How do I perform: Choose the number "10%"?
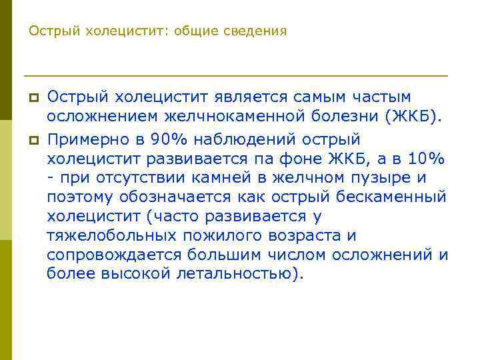point(428,159)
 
